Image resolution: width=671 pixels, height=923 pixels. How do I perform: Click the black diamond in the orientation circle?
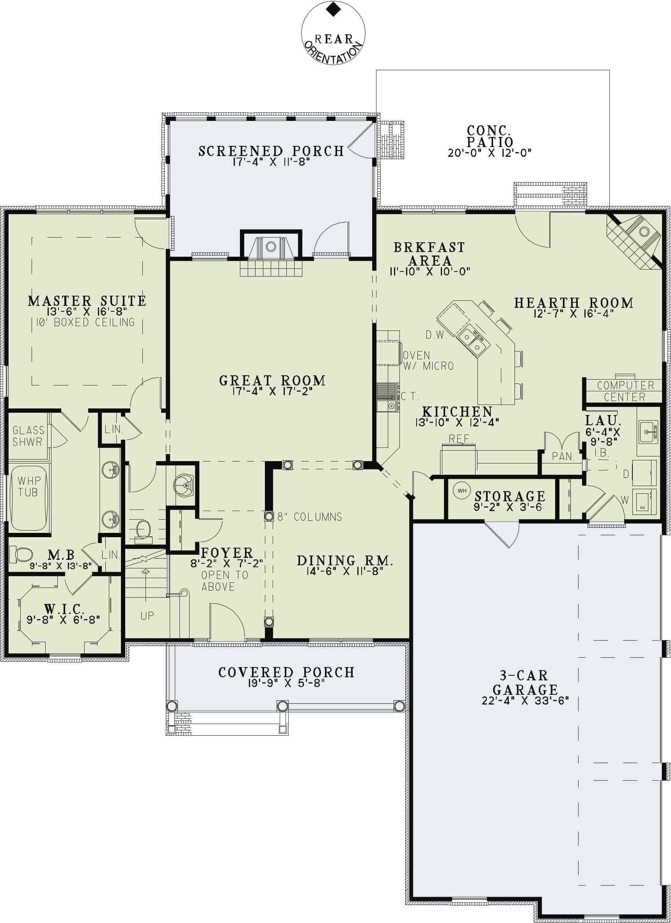click(333, 9)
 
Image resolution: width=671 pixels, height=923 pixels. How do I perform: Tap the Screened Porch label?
click(271, 151)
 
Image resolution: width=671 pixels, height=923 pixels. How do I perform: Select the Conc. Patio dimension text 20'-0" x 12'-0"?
click(490, 153)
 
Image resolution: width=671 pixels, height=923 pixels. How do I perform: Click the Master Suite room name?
click(87, 301)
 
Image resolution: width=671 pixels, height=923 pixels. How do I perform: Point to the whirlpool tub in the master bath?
click(28, 497)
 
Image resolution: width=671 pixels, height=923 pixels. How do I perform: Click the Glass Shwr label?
click(28, 436)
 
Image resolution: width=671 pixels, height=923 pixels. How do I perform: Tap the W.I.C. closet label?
click(64, 609)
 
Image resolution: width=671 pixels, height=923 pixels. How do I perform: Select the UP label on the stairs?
click(147, 616)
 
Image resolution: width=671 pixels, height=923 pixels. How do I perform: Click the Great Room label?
click(272, 380)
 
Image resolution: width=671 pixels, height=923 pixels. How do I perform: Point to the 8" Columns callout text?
click(309, 517)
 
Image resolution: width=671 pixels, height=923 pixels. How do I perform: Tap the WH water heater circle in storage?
click(462, 491)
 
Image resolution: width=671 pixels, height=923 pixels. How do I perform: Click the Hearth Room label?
click(573, 303)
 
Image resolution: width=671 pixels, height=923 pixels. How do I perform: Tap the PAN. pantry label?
click(563, 456)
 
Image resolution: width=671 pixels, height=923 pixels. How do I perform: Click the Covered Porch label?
click(286, 672)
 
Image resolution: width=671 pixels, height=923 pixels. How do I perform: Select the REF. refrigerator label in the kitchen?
click(460, 439)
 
